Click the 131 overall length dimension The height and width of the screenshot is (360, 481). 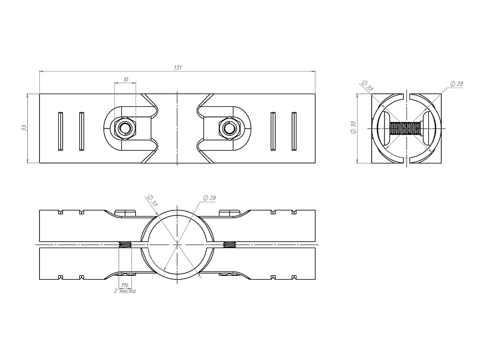pos(178,68)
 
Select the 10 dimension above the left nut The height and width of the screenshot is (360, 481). pos(126,79)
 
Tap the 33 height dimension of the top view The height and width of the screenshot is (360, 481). pos(24,128)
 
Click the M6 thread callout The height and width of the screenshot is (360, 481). pos(125,285)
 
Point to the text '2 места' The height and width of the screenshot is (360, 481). pos(125,291)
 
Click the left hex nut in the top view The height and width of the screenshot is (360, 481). pos(125,128)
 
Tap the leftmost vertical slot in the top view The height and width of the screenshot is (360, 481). pos(61,131)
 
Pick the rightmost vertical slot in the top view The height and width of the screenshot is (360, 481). pos(294,131)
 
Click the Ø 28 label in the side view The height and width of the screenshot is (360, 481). pos(457,84)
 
